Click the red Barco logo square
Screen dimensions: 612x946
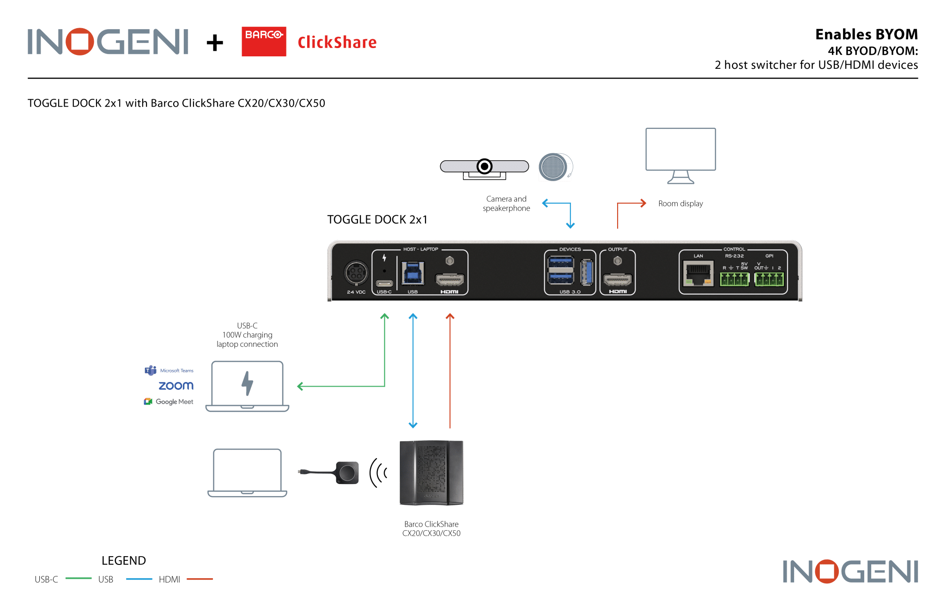coord(264,42)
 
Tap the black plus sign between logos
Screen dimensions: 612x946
coord(215,43)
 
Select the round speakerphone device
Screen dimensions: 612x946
coord(554,167)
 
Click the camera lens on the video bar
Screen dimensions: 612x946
coord(484,166)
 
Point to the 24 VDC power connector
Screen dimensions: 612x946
coord(356,273)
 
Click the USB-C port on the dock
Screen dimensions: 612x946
coord(384,283)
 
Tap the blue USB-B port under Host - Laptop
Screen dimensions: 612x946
coord(412,273)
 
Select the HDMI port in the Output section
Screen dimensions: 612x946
coord(618,280)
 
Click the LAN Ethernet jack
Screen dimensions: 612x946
coord(698,274)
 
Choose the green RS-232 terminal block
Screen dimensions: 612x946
coord(734,279)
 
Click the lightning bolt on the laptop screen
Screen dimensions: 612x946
coord(248,383)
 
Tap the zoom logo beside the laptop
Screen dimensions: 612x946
coord(176,386)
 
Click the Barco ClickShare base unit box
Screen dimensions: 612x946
coord(431,473)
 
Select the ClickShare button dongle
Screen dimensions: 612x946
coord(347,473)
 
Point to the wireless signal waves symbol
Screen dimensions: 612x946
coord(378,473)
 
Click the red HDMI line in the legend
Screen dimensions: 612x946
coord(200,579)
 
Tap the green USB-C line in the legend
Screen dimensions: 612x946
coord(79,578)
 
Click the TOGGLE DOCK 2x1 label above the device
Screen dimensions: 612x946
coord(377,219)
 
